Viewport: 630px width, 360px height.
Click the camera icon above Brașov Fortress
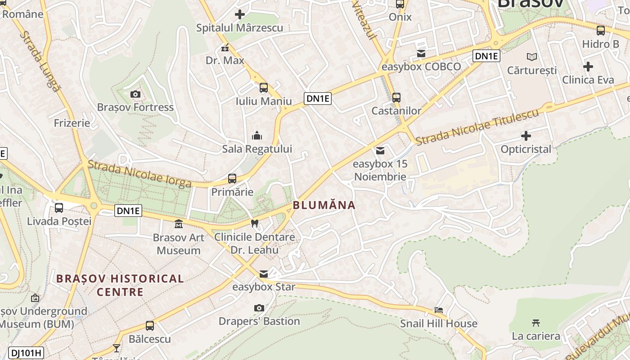point(135,94)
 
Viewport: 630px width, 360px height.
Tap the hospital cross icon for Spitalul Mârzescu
point(240,14)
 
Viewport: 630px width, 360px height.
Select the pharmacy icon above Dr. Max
point(225,47)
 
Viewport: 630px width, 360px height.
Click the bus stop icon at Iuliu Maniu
point(264,88)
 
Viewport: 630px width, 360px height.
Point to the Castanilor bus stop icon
point(396,97)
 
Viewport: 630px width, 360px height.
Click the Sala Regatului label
point(257,149)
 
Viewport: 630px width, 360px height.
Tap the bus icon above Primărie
point(232,179)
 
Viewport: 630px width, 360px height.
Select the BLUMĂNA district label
point(324,205)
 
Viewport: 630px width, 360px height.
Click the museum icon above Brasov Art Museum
point(179,224)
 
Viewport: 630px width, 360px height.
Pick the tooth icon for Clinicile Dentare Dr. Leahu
point(254,223)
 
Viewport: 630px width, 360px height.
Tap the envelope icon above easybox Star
point(264,274)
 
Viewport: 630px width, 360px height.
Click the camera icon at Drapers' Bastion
point(259,308)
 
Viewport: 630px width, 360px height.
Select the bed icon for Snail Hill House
point(439,310)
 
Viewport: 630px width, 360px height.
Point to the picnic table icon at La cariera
point(535,323)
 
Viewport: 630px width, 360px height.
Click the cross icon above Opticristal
point(526,135)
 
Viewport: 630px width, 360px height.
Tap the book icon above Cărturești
point(532,57)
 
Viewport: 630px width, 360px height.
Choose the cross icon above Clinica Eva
point(588,67)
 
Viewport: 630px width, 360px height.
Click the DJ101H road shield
point(27,353)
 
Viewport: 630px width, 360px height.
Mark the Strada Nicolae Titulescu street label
point(477,127)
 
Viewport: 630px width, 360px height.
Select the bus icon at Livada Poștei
point(59,208)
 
